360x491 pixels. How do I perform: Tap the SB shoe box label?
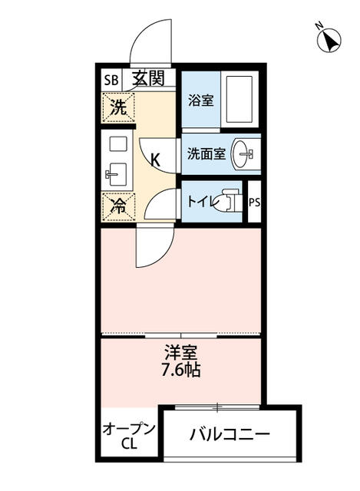[111, 79]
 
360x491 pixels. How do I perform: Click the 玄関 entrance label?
[147, 78]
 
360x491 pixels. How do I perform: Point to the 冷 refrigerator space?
[117, 206]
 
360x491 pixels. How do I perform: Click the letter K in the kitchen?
[155, 160]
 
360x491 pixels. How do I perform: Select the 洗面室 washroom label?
[206, 153]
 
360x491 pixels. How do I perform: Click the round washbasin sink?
[246, 153]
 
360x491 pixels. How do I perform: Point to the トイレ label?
[202, 201]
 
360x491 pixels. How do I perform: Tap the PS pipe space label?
[254, 203]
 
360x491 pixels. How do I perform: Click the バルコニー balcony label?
[230, 435]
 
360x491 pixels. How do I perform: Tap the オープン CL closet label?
[128, 435]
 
